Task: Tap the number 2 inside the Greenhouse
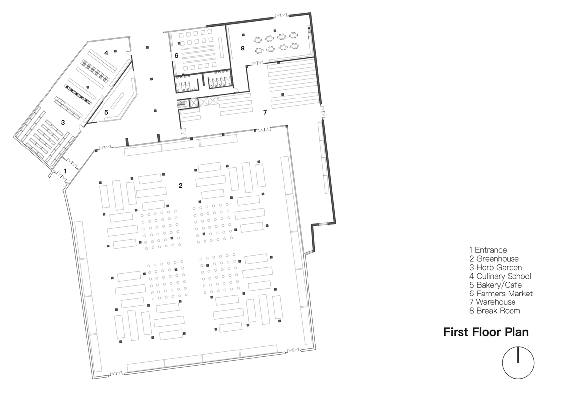[x=181, y=186]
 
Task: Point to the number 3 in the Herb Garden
[x=63, y=123]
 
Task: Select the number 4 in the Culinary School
[x=106, y=53]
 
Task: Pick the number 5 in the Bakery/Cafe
[x=106, y=112]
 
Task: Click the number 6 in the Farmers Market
[x=176, y=56]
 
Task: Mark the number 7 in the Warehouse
[x=265, y=112]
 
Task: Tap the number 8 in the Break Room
[x=243, y=48]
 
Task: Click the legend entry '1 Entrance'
[x=488, y=250]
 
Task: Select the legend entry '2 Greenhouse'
[x=494, y=259]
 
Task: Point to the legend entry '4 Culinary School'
[x=500, y=276]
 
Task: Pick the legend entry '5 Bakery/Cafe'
[x=495, y=285]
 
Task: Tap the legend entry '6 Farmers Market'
[x=501, y=294]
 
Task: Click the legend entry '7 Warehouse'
[x=492, y=302]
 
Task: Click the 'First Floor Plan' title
[x=486, y=332]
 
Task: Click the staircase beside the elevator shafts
[x=182, y=103]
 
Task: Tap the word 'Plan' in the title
[x=516, y=332]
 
